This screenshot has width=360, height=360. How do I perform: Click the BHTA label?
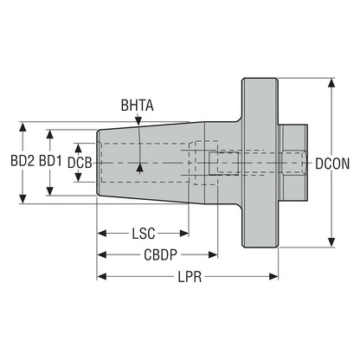(x=137, y=106)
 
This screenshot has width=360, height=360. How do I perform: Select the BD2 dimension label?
(x=22, y=161)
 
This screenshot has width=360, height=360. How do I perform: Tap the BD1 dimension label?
(x=50, y=161)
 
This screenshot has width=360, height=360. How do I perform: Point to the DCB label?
(x=80, y=163)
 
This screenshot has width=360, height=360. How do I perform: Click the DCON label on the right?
(x=332, y=164)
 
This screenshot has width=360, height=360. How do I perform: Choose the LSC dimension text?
(x=144, y=234)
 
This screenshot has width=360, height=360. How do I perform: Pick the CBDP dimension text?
(x=160, y=254)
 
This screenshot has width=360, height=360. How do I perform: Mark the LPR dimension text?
(x=190, y=277)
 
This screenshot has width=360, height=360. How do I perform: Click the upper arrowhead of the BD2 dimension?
(x=22, y=127)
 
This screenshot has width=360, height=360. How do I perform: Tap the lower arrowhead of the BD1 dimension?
(x=50, y=190)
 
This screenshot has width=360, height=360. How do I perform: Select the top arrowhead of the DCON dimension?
(x=331, y=83)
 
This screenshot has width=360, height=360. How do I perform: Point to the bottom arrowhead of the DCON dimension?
(x=331, y=242)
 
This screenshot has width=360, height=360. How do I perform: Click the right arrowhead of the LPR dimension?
(x=273, y=277)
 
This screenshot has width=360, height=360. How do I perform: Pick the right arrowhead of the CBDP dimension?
(x=213, y=254)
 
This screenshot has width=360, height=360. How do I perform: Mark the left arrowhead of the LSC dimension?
(x=102, y=233)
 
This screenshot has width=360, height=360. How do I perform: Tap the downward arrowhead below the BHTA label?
(x=138, y=120)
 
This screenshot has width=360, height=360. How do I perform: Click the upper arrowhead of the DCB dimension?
(x=78, y=148)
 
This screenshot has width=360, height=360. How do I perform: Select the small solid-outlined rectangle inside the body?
(x=224, y=164)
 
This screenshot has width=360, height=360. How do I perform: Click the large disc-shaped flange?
(x=260, y=163)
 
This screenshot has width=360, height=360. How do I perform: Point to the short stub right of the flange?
(x=293, y=163)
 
